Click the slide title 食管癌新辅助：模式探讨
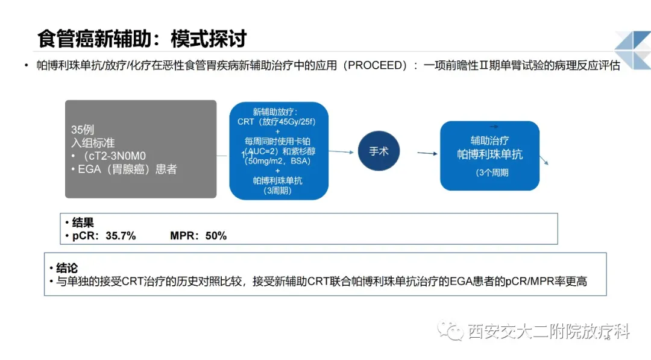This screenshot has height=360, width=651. pyautogui.click(x=142, y=39)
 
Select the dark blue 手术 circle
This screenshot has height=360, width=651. pyautogui.click(x=379, y=151)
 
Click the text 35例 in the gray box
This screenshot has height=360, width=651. pyautogui.click(x=83, y=130)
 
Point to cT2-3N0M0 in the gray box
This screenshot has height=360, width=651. pyautogui.click(x=115, y=156)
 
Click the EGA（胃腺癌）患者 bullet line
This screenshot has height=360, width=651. pyautogui.click(x=124, y=169)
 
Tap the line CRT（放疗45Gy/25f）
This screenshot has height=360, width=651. pyautogui.click(x=277, y=122)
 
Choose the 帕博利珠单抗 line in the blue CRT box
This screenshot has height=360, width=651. pyautogui.click(x=278, y=181)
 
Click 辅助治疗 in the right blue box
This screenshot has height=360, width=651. pyautogui.click(x=489, y=141)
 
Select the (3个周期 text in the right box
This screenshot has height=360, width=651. pyautogui.click(x=492, y=172)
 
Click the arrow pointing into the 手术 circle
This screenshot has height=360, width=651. pyautogui.click(x=341, y=152)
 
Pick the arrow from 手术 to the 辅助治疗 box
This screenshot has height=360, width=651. pyautogui.click(x=427, y=153)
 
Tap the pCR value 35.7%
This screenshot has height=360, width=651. pyautogui.click(x=121, y=236)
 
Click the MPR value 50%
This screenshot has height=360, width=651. pyautogui.click(x=216, y=236)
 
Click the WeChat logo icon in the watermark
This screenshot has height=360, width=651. pyautogui.click(x=450, y=331)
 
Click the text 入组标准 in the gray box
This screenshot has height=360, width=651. pyautogui.click(x=93, y=143)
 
